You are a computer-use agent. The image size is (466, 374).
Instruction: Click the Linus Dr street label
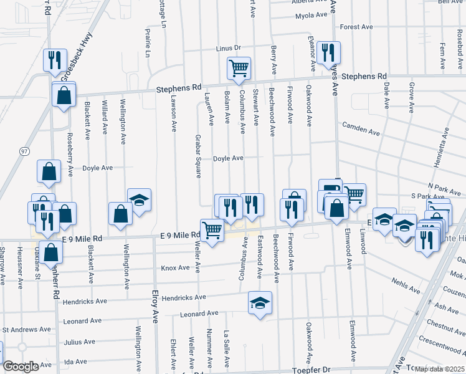point(228,48)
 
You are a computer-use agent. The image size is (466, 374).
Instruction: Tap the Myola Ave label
point(311,15)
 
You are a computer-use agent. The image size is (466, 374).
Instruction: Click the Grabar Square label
point(197,156)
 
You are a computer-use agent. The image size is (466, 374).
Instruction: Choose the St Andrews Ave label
point(27,329)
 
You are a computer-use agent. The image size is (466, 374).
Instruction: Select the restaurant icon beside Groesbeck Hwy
point(54,60)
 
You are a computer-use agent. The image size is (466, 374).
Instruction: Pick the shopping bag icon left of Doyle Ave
point(49,171)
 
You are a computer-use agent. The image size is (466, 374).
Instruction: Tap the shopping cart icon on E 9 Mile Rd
point(212,230)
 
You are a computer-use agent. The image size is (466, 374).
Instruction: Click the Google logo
point(21,367)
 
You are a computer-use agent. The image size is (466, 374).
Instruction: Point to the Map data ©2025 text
point(440,369)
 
